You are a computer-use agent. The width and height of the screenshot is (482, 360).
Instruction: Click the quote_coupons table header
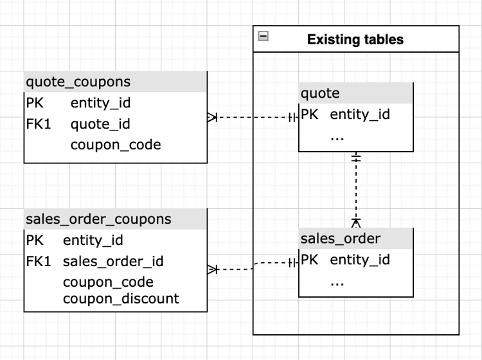[78, 82]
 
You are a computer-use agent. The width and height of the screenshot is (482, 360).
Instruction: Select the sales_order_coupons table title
[98, 219]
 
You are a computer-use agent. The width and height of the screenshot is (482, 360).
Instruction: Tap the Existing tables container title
[355, 39]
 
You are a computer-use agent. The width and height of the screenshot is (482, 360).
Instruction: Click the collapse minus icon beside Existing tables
[263, 37]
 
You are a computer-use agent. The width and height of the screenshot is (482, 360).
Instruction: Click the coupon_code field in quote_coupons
[116, 145]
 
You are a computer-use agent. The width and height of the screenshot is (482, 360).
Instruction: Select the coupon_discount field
[121, 299]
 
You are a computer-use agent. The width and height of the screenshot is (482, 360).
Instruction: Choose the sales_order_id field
[113, 262]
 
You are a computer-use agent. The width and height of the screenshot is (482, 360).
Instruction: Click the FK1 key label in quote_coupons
[38, 123]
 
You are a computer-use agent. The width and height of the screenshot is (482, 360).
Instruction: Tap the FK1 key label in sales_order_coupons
[38, 262]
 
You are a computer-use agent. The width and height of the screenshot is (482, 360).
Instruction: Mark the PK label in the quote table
[309, 115]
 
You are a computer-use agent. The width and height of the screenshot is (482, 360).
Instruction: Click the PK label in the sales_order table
[309, 260]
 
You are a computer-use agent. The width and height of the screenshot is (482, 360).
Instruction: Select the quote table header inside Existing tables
[321, 94]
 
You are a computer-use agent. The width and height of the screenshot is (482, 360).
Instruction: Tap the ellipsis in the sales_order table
[337, 281]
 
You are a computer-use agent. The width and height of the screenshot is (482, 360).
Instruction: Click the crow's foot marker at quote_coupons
[213, 118]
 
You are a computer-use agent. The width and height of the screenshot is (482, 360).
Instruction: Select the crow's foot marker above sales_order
[356, 222]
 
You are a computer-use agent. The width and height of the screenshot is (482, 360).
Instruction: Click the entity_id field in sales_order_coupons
[93, 240]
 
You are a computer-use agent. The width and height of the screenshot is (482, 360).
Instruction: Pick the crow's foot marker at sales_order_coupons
[213, 269]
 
